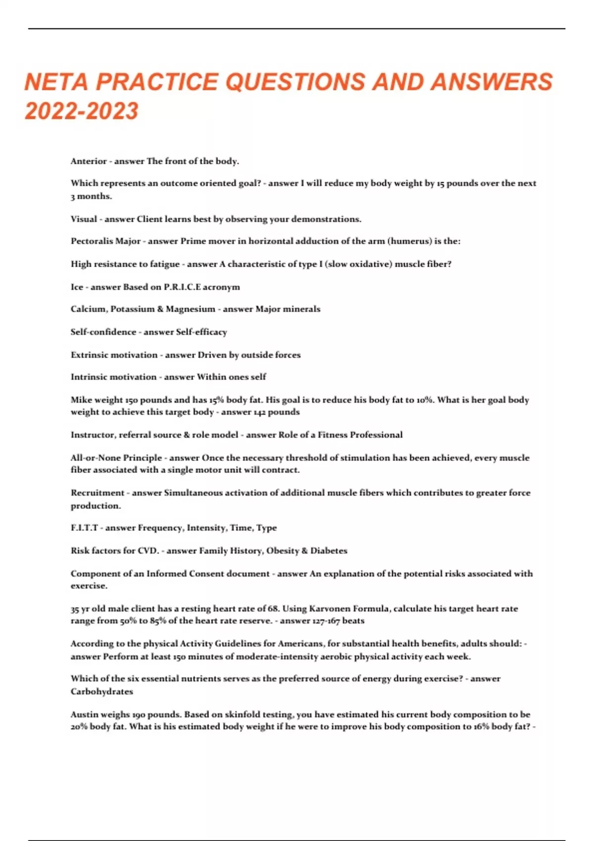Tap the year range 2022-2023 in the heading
82,111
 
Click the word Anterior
89,161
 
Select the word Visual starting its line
84,219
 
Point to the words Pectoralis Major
105,241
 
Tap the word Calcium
88,309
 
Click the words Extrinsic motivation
114,355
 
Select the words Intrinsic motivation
113,377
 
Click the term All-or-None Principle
116,458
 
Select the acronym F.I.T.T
84,528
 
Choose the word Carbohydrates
101,692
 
